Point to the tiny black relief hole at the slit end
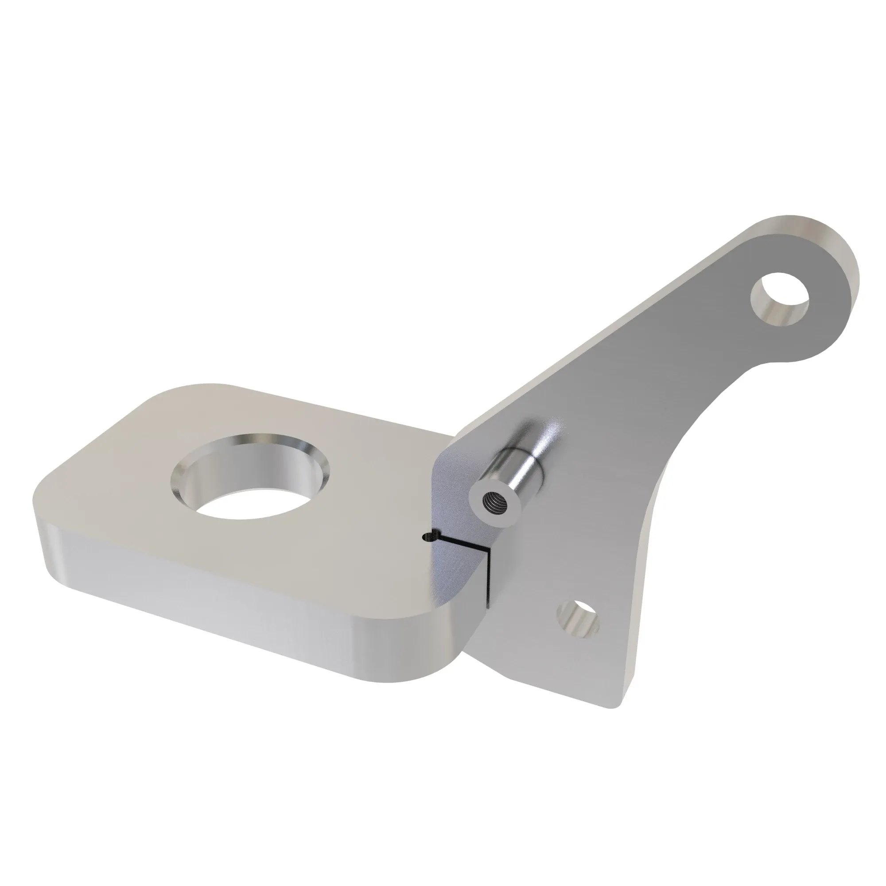(x=427, y=536)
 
